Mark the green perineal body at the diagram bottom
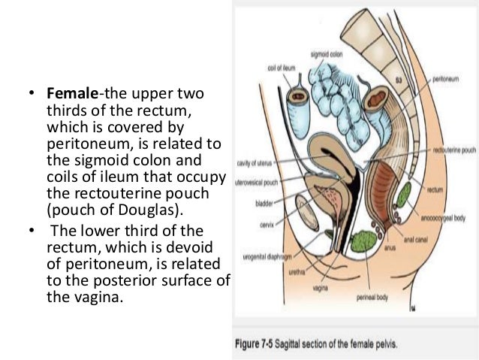[x=366, y=241]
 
